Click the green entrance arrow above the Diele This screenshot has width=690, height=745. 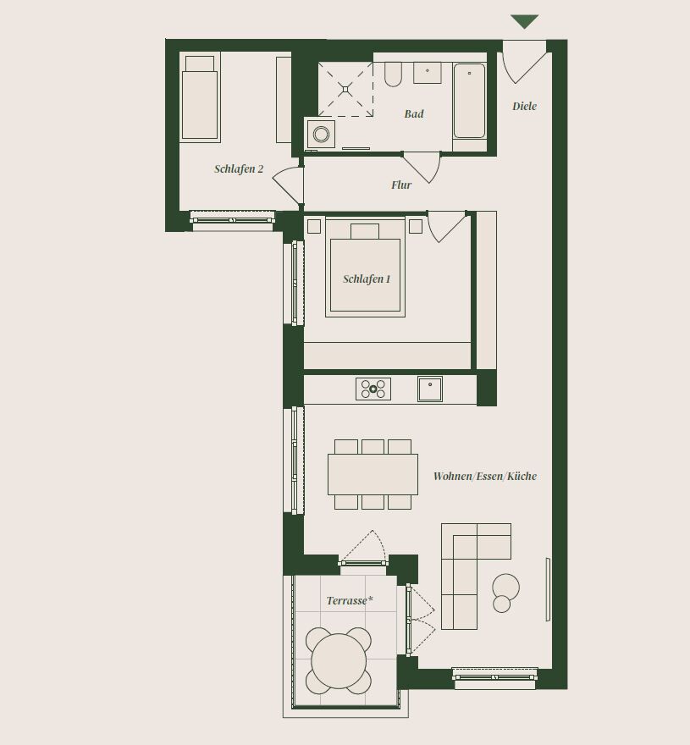[524, 21]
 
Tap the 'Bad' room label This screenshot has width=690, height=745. [414, 114]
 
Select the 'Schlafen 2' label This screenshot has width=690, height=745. [239, 169]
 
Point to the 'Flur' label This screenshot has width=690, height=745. [401, 185]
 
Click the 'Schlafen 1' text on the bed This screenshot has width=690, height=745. [367, 279]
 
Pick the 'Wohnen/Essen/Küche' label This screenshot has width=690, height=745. [485, 476]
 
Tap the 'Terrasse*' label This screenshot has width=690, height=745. [350, 600]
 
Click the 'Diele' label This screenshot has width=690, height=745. [524, 106]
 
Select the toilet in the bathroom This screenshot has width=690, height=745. [393, 75]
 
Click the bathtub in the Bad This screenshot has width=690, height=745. [470, 102]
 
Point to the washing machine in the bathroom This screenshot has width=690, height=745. [321, 134]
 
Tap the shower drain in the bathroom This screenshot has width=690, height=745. [345, 89]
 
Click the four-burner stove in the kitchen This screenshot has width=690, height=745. [373, 389]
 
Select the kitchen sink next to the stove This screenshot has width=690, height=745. [430, 389]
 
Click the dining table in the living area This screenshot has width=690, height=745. [373, 474]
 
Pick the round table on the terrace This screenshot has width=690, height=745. [339, 660]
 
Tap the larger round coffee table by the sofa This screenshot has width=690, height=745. [505, 587]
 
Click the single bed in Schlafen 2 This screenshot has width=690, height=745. [200, 98]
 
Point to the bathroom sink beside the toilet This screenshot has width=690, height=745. [428, 73]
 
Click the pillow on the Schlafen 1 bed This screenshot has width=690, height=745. [365, 231]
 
